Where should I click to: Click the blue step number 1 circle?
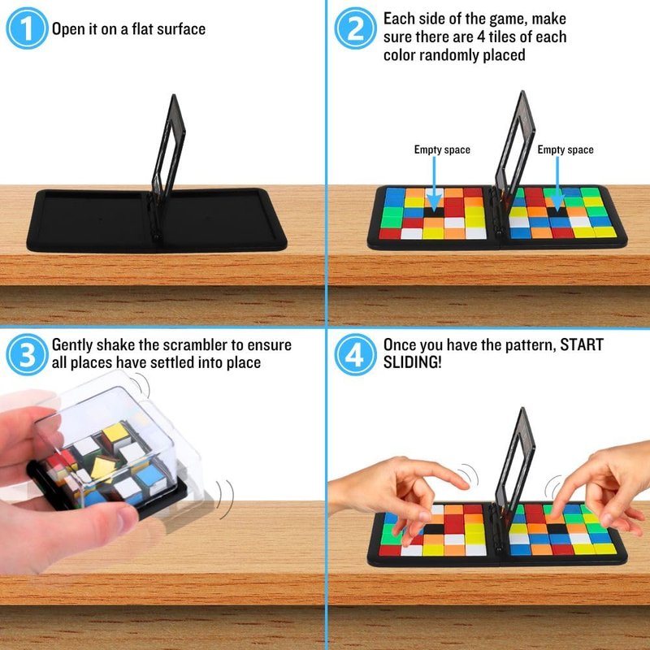[27, 28]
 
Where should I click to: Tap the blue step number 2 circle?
[355, 28]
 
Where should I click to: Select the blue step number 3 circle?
[27, 355]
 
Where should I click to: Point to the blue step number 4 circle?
[355, 355]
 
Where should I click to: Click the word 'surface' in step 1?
[181, 29]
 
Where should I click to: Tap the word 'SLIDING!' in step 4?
[413, 362]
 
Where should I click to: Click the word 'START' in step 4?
[582, 344]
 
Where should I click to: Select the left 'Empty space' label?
[442, 149]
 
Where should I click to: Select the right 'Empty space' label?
[565, 149]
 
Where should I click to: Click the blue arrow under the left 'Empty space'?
[434, 185]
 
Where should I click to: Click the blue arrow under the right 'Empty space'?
[557, 185]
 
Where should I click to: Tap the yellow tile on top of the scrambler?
[116, 433]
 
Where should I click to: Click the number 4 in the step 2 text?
[480, 37]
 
